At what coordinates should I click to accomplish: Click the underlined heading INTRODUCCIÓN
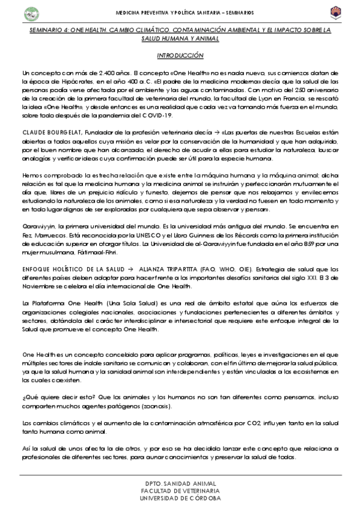coord(180,55)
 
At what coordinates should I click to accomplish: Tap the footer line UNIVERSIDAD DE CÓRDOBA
coord(180,498)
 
